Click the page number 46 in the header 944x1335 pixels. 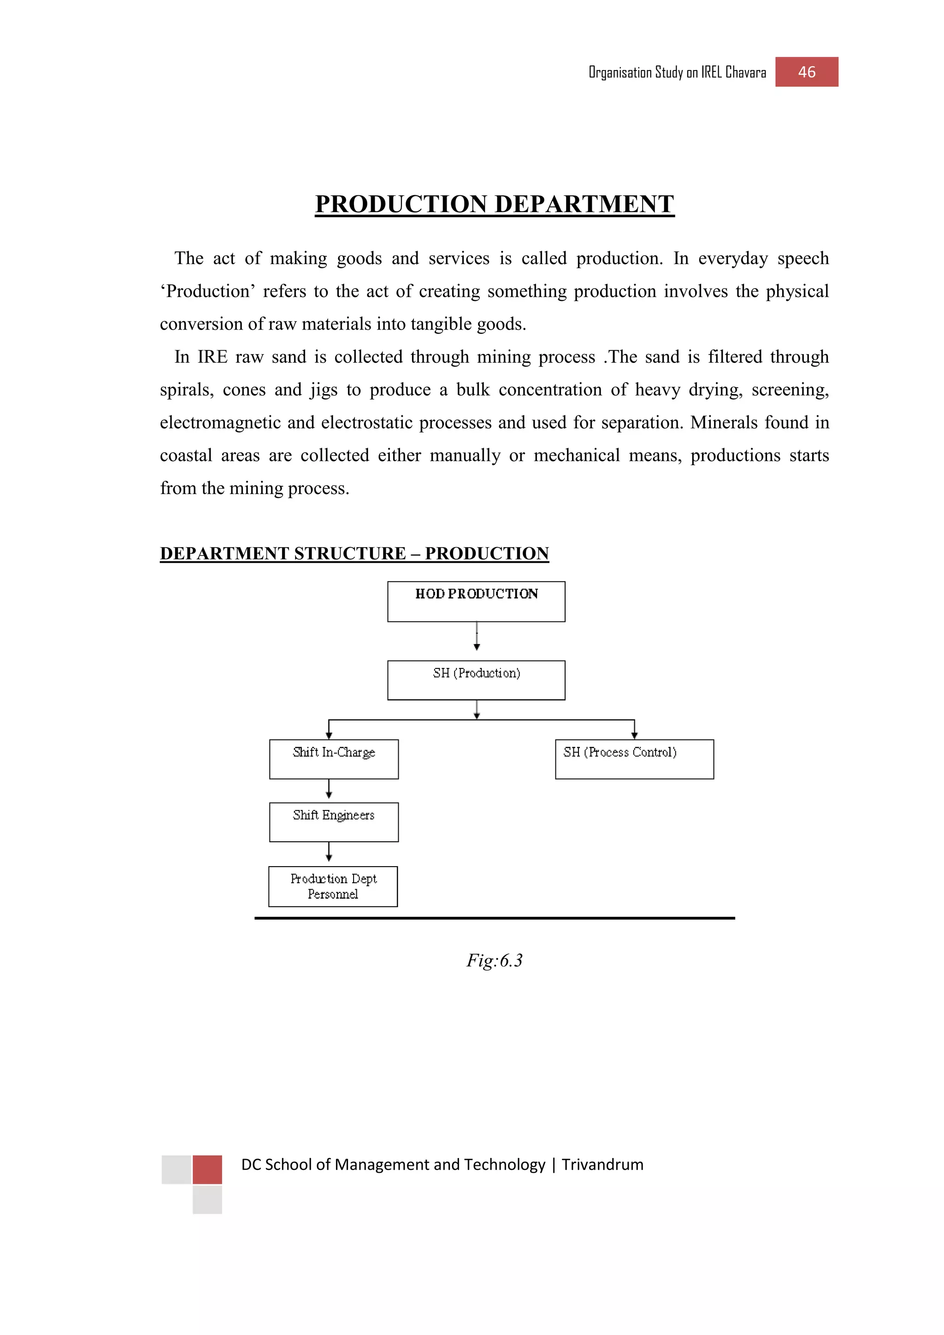(x=806, y=72)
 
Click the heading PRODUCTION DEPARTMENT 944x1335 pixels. (x=494, y=204)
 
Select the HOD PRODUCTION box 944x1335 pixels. (x=476, y=601)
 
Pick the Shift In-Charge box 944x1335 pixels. (x=334, y=759)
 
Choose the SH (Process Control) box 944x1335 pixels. (x=634, y=759)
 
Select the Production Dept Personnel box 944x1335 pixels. (x=333, y=886)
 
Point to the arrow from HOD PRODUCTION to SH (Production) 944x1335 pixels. (x=477, y=636)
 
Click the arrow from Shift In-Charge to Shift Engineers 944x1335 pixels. (x=329, y=789)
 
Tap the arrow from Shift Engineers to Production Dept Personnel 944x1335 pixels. (x=329, y=852)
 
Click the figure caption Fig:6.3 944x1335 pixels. (x=494, y=960)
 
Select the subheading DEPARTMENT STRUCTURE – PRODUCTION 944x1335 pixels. (x=354, y=554)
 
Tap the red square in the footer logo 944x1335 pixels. (x=207, y=1170)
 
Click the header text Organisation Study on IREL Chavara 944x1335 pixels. (x=677, y=73)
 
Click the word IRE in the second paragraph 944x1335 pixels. (x=212, y=357)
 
